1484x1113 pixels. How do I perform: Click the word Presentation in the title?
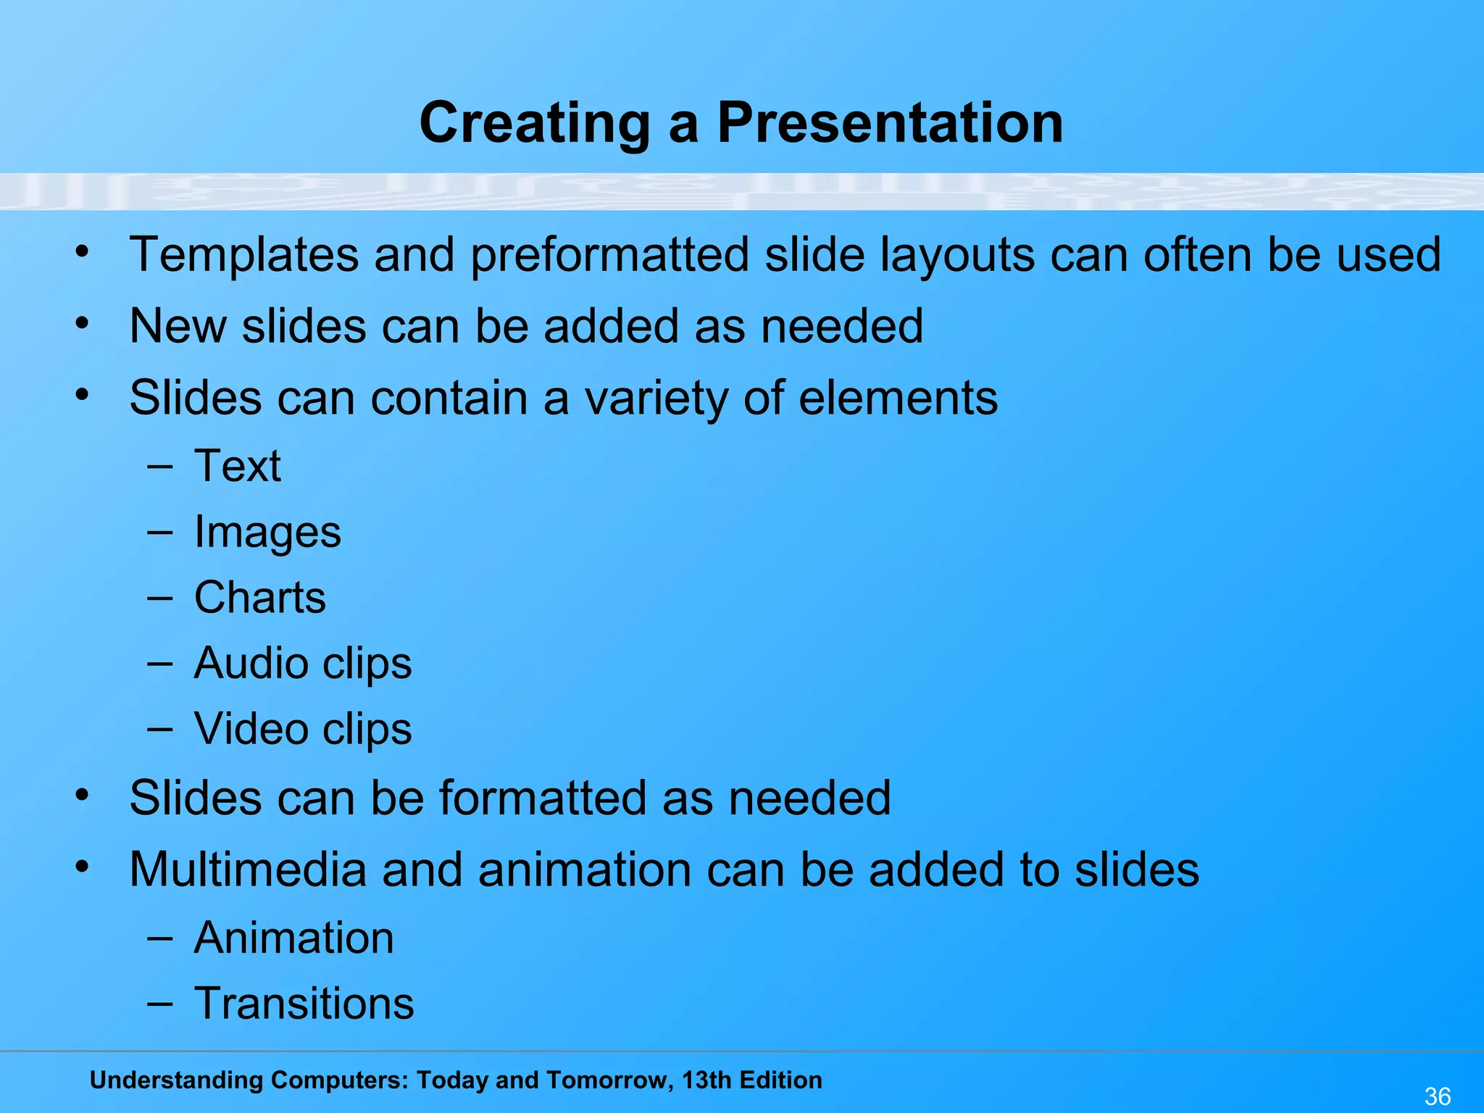pos(890,122)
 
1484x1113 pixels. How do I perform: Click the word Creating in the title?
pos(535,124)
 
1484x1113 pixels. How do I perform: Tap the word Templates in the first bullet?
pos(244,255)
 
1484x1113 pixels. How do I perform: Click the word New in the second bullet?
pos(178,326)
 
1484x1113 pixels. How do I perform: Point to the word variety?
pos(656,399)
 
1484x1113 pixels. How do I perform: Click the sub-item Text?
pos(238,465)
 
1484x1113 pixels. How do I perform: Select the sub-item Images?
pos(267,533)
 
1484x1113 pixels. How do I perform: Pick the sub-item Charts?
pos(260,598)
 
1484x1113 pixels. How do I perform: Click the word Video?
pos(251,729)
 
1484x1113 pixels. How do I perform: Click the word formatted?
pos(542,798)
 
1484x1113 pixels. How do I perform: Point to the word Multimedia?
pos(248,869)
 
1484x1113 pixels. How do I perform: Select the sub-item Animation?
pos(293,938)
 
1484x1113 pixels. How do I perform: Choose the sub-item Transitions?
pos(304,1004)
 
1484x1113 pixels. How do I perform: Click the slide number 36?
pos(1438,1096)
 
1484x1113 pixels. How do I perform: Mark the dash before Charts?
pos(159,599)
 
